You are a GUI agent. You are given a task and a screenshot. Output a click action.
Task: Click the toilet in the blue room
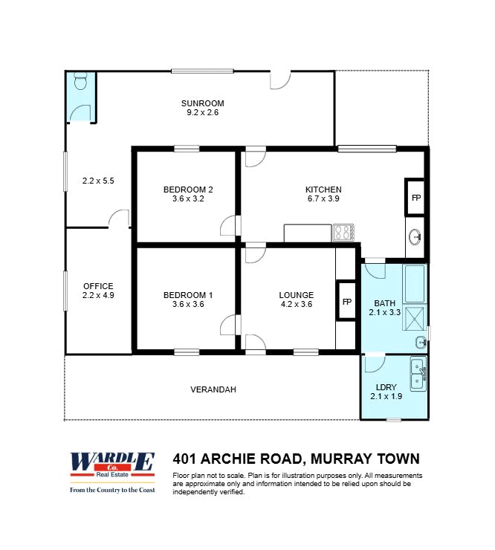pyautogui.click(x=81, y=82)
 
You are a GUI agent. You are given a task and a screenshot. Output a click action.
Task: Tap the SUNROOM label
pyautogui.click(x=202, y=103)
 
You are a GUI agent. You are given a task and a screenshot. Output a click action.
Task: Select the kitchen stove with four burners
pyautogui.click(x=343, y=232)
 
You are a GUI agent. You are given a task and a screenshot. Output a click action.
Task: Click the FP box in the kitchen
pyautogui.click(x=415, y=197)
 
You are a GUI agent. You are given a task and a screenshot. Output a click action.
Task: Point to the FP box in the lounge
pyautogui.click(x=346, y=300)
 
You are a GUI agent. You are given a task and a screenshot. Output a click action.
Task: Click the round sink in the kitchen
pyautogui.click(x=415, y=237)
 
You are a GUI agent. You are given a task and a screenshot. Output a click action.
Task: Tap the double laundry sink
pyautogui.click(x=418, y=374)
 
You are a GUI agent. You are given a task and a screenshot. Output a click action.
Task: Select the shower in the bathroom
pyautogui.click(x=415, y=318)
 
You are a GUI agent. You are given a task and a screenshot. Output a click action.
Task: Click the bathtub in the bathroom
pyautogui.click(x=415, y=284)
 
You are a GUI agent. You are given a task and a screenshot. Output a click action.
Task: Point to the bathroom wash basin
pyautogui.click(x=421, y=342)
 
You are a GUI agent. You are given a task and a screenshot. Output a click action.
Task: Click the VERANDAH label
pyautogui.click(x=213, y=389)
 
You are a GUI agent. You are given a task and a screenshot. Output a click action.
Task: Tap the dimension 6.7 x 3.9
pyautogui.click(x=323, y=198)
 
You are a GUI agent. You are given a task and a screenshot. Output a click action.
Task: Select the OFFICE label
pyautogui.click(x=98, y=286)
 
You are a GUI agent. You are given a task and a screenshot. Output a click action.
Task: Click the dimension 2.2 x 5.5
pyautogui.click(x=98, y=181)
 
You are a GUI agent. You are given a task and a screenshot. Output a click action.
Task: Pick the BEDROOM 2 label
pyautogui.click(x=188, y=190)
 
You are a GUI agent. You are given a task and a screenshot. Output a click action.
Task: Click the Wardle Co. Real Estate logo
pyautogui.click(x=112, y=473)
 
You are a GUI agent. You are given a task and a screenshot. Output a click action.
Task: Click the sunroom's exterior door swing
pyautogui.click(x=280, y=80)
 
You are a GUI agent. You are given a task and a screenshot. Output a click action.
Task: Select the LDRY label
pyautogui.click(x=386, y=387)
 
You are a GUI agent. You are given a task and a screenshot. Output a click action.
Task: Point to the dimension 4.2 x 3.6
pyautogui.click(x=297, y=304)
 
